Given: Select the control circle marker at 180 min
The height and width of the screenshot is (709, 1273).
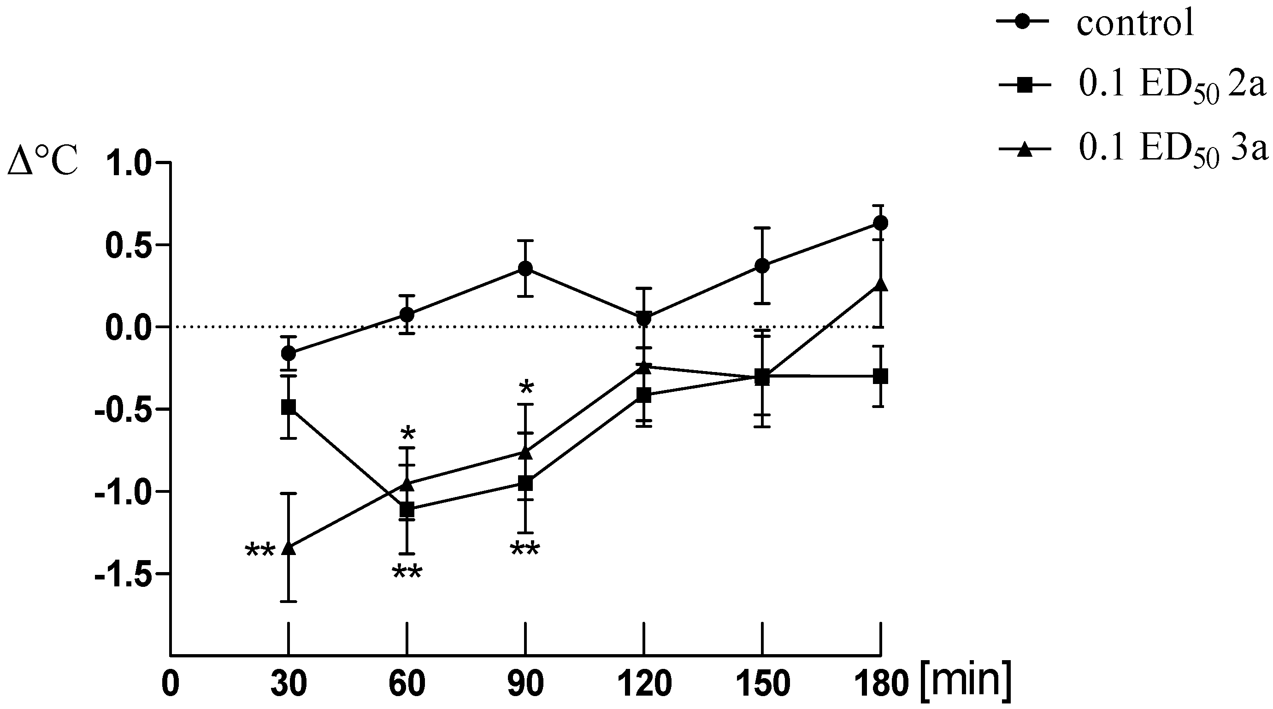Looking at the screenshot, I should [880, 223].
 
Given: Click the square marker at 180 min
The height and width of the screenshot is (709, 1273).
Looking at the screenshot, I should [880, 376].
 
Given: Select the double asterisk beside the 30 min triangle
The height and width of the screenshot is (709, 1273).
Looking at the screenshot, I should [260, 550].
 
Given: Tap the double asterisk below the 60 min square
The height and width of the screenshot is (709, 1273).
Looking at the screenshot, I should [407, 573].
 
